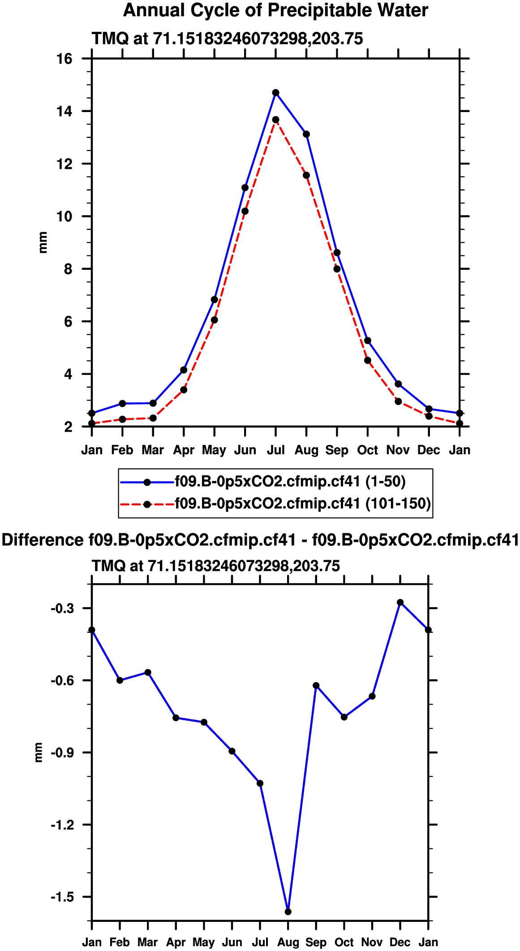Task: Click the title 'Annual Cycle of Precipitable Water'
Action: point(275,10)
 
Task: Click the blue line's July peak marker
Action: point(276,93)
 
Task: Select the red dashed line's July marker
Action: point(276,120)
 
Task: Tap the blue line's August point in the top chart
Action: point(306,134)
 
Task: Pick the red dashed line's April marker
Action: point(184,390)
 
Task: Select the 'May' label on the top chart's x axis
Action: point(214,450)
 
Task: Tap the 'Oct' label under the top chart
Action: point(367,450)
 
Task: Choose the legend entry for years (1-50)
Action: point(290,482)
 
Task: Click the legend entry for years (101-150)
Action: point(302,504)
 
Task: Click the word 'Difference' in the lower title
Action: point(42,540)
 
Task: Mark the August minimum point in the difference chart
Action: point(288,912)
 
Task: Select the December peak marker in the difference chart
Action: point(400,602)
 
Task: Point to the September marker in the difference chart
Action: point(316,685)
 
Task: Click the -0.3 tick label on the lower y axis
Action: point(61,608)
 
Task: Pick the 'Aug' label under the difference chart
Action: point(288,942)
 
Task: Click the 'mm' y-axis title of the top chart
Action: point(43,242)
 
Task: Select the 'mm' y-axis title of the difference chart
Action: point(39,752)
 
